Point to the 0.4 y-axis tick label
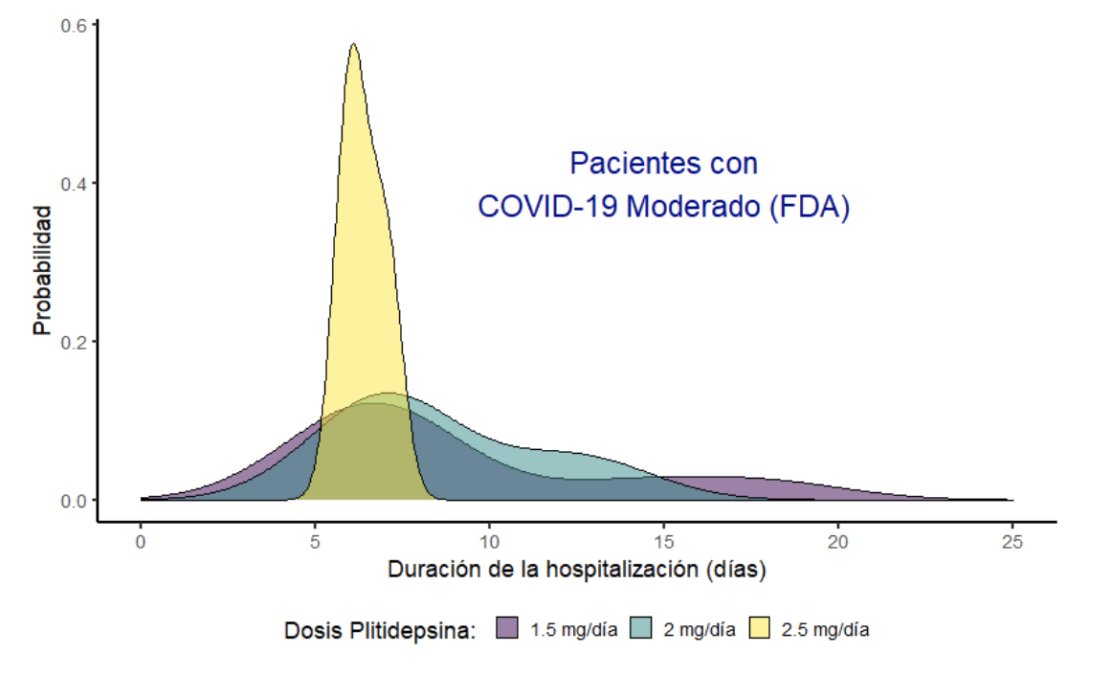(77, 183)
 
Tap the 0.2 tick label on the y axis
(77, 342)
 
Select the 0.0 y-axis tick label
(77, 500)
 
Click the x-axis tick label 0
(141, 543)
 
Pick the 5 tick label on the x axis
(315, 543)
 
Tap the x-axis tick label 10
(489, 543)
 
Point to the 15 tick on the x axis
(664, 543)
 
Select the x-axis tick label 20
(838, 543)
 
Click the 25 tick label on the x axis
(1012, 543)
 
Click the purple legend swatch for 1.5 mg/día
(508, 630)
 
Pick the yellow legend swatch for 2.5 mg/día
(760, 630)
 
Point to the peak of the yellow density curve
(353, 44)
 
